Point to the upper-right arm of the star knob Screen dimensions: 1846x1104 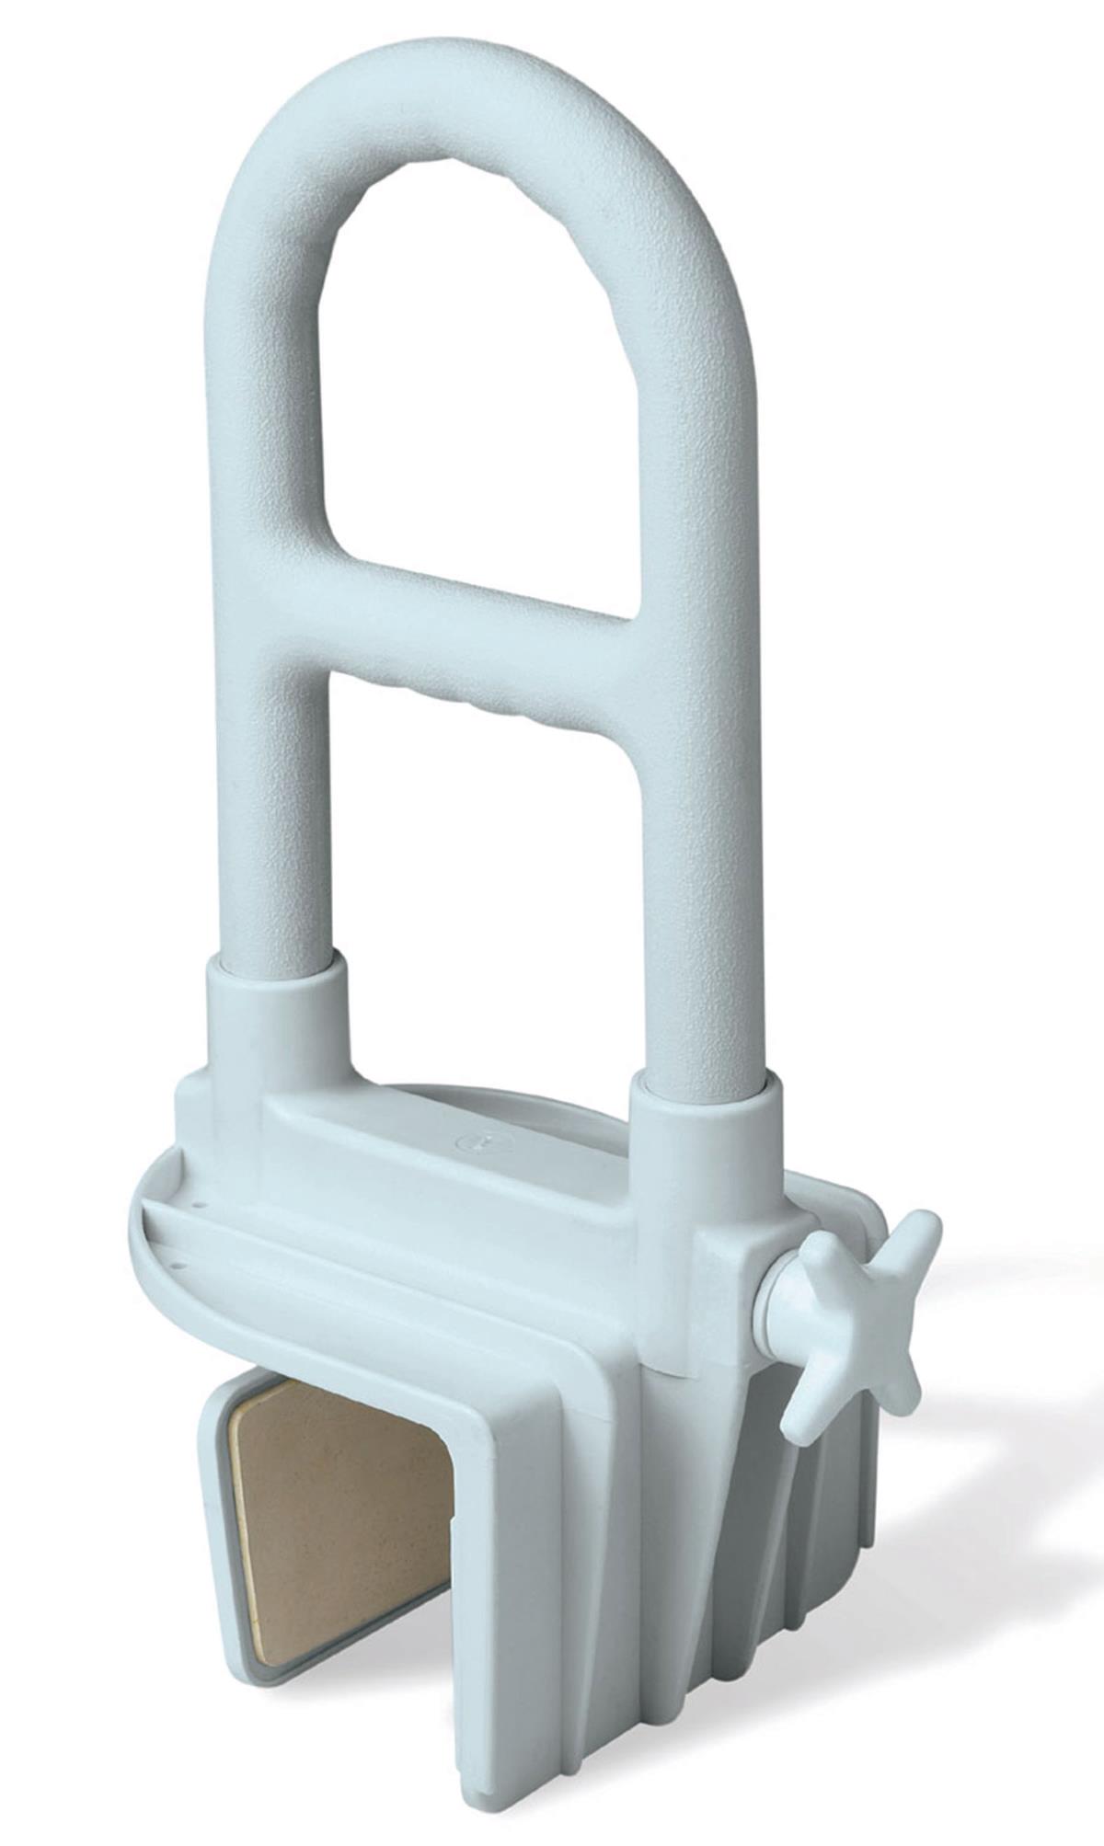click(x=911, y=1237)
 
